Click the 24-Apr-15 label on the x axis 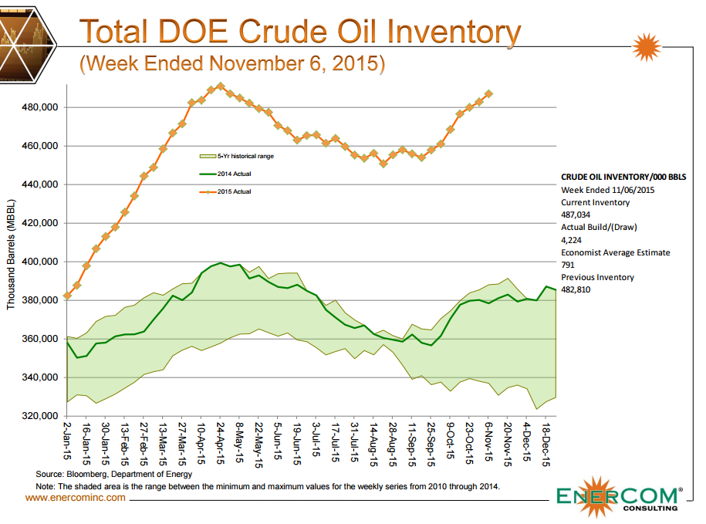click(221, 441)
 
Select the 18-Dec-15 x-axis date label click(546, 441)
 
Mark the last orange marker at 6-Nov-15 click(488, 93)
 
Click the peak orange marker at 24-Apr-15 click(221, 86)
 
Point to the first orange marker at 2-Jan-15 click(68, 296)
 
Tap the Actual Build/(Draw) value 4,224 click(572, 240)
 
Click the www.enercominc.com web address click(76, 498)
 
